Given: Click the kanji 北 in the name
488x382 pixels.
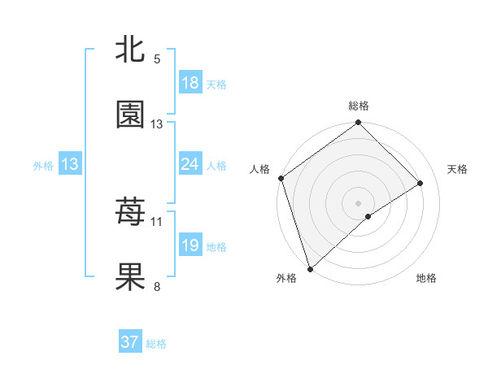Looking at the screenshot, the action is pyautogui.click(x=130, y=51).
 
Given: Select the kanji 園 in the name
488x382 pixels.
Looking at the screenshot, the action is pyautogui.click(x=130, y=115).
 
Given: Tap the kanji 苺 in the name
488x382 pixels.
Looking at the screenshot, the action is pyautogui.click(x=130, y=213).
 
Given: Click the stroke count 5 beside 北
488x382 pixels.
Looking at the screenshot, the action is pyautogui.click(x=157, y=59).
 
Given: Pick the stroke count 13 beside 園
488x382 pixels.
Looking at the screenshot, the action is pyautogui.click(x=157, y=124).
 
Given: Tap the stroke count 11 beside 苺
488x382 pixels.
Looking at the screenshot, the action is pyautogui.click(x=157, y=221).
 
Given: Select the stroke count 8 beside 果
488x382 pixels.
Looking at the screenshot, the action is pyautogui.click(x=157, y=286).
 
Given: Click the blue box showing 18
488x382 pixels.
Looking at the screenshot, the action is pyautogui.click(x=190, y=83).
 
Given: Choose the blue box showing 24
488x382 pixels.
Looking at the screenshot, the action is pyautogui.click(x=190, y=164).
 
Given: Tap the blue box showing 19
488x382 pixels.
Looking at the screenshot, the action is pyautogui.click(x=190, y=245).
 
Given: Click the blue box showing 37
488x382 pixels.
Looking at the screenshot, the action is pyautogui.click(x=130, y=342).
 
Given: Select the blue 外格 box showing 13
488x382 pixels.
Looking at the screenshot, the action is pyautogui.click(x=70, y=164).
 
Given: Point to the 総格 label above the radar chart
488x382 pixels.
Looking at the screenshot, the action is pyautogui.click(x=359, y=106).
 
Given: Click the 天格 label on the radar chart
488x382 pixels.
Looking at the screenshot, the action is pyautogui.click(x=458, y=169).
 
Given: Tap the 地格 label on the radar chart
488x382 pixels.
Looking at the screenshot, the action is pyautogui.click(x=426, y=278).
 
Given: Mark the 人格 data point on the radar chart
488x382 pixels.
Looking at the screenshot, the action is pyautogui.click(x=281, y=178).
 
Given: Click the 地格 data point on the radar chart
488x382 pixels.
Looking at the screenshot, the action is pyautogui.click(x=368, y=216).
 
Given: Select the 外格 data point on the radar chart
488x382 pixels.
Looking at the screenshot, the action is pyautogui.click(x=309, y=268).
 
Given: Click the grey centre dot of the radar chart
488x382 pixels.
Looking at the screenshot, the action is pyautogui.click(x=359, y=202).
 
